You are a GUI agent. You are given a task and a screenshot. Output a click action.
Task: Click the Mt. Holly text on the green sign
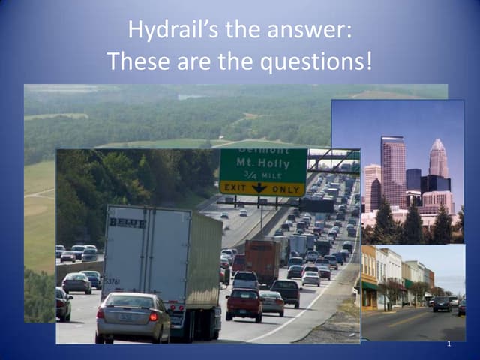262,162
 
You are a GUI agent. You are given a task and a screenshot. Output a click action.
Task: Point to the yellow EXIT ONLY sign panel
262,188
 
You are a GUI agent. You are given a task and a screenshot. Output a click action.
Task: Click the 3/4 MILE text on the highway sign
262,175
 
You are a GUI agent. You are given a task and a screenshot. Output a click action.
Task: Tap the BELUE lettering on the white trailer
127,223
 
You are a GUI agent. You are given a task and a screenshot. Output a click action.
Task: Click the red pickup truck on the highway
244,303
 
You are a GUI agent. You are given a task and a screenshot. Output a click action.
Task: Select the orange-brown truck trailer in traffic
262,259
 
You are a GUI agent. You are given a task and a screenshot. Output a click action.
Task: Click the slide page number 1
448,343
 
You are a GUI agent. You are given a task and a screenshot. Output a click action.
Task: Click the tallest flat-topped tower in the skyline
392,169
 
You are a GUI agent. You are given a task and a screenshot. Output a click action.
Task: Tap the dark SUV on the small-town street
442,304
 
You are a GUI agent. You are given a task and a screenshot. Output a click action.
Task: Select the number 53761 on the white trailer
112,281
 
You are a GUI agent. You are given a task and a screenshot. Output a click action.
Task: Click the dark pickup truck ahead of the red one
285,292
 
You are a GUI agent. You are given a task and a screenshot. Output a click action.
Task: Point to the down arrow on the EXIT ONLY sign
259,188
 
